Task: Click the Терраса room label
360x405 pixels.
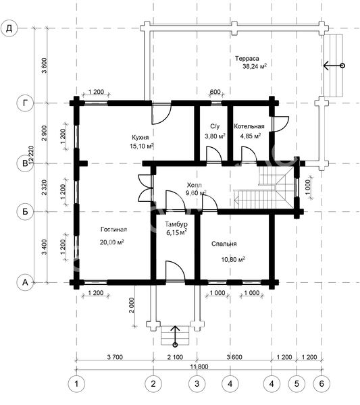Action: pyautogui.click(x=247, y=59)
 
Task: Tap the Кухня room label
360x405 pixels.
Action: pyautogui.click(x=140, y=137)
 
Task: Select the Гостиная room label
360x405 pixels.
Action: pyautogui.click(x=113, y=230)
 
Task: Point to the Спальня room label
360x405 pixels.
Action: pyautogui.click(x=224, y=244)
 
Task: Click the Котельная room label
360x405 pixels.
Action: pyautogui.click(x=249, y=126)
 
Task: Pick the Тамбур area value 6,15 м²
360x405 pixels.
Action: pyautogui.click(x=177, y=232)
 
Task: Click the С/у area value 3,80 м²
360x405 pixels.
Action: pyautogui.click(x=215, y=136)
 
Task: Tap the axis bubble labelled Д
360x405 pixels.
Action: pyautogui.click(x=9, y=28)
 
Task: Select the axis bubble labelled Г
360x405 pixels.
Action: pyautogui.click(x=25, y=103)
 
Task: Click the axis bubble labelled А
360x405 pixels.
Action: pyautogui.click(x=25, y=282)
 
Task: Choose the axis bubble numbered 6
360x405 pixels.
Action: pyautogui.click(x=322, y=383)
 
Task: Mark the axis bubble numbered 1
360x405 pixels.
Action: pyautogui.click(x=76, y=383)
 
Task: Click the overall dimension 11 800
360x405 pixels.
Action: pyautogui.click(x=199, y=367)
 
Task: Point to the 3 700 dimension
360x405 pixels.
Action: pyautogui.click(x=115, y=357)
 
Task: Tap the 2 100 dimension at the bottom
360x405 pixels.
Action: pyautogui.click(x=175, y=357)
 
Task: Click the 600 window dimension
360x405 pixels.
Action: pyautogui.click(x=215, y=92)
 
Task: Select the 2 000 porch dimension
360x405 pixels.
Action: pyautogui.click(x=132, y=305)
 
